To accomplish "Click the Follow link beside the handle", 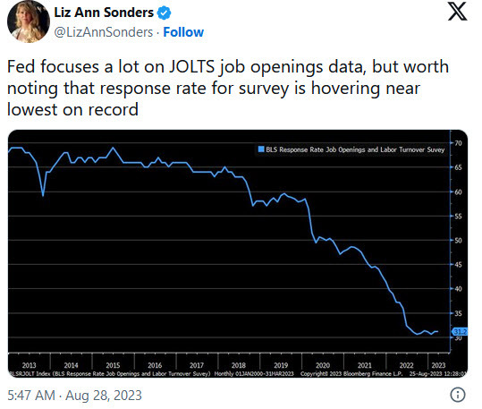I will point(183,32).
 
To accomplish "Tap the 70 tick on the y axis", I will point(457,143).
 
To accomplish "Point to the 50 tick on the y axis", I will point(457,241).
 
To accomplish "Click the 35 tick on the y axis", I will point(457,314).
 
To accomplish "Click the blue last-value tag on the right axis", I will point(457,331).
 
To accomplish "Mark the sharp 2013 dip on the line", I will point(43,195).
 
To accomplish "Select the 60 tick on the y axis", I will point(457,192).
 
